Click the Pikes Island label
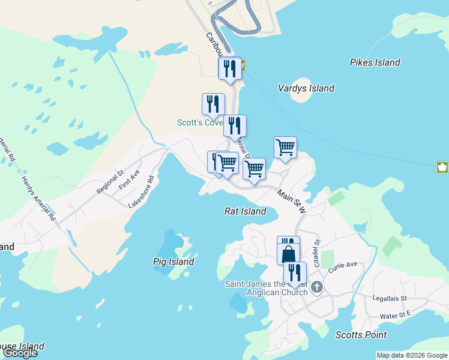pos(375,62)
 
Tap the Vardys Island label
pos(306,88)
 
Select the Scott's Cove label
pos(199,122)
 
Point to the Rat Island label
pos(245,211)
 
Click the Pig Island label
pos(173,262)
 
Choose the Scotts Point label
pos(361,335)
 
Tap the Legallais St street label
pos(389,298)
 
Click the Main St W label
pos(292,201)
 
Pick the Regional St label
pos(110,181)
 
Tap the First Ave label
pos(129,180)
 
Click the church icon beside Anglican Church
pos(318,287)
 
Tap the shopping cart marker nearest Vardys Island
pos(285,147)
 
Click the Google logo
pos(19,353)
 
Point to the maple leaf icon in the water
pos(442,167)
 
